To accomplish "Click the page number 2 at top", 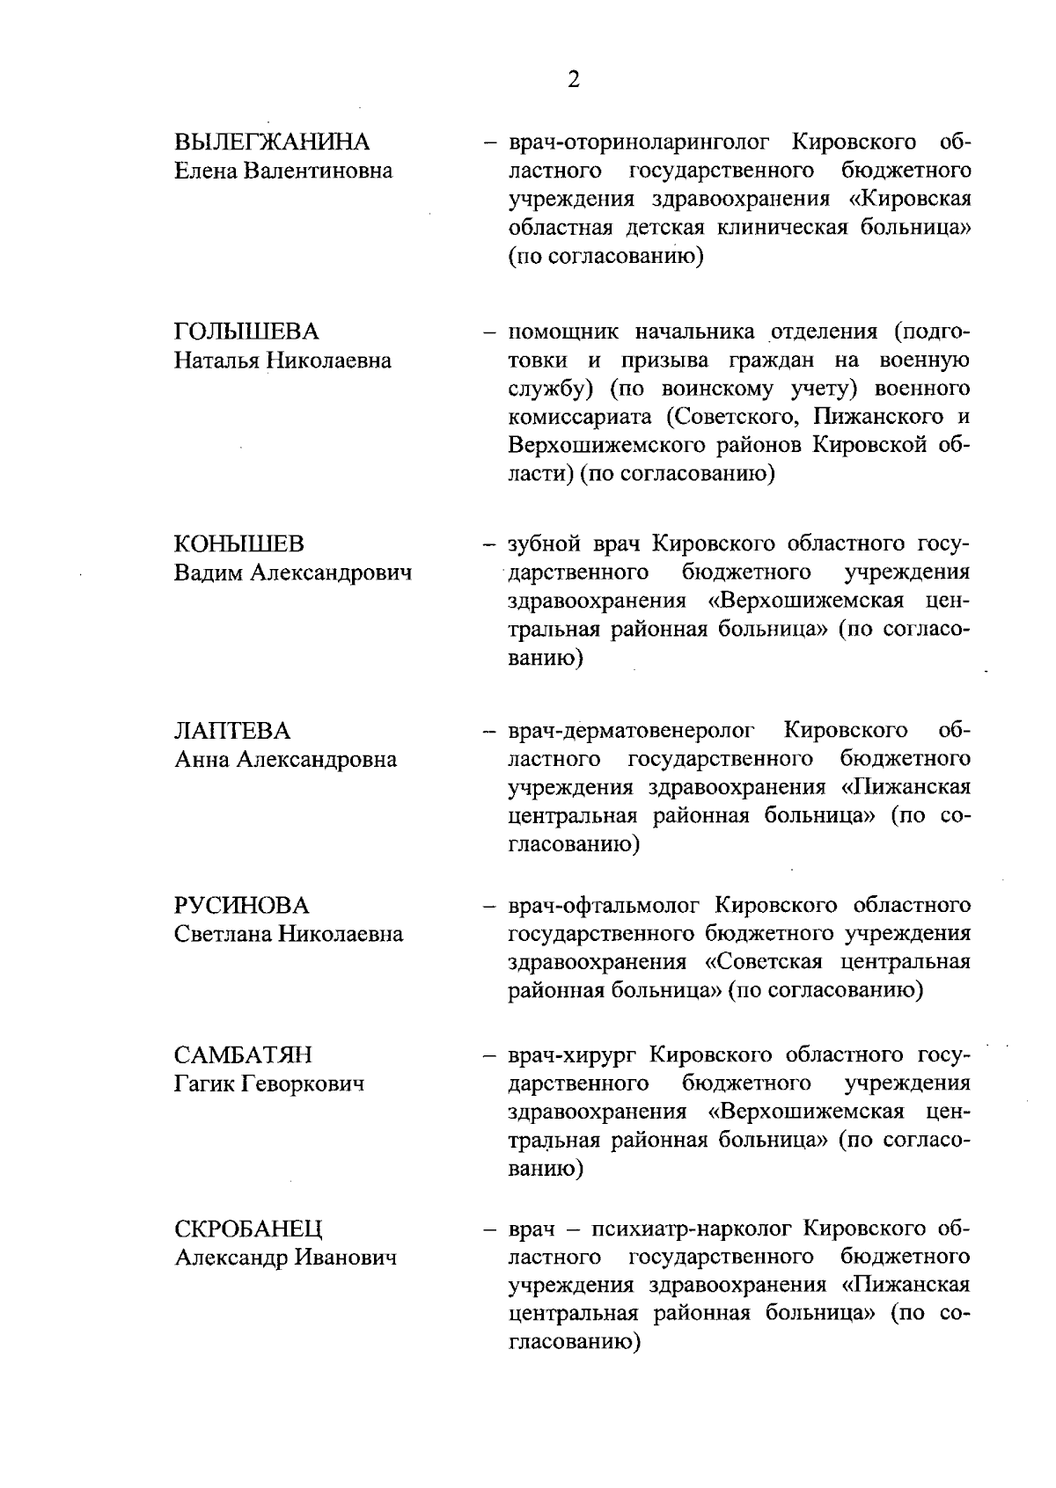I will pyautogui.click(x=574, y=80).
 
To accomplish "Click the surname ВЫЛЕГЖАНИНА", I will pyautogui.click(x=272, y=142).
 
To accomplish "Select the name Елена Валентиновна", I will pyautogui.click(x=283, y=171).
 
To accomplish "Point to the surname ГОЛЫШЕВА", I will pyautogui.click(x=247, y=332).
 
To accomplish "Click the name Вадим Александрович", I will pyautogui.click(x=293, y=573).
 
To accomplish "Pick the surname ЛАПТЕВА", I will pyautogui.click(x=232, y=731).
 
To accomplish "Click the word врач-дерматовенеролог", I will pyautogui.click(x=632, y=731).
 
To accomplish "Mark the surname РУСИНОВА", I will pyautogui.click(x=242, y=905).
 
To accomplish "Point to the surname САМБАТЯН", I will pyautogui.click(x=244, y=1054).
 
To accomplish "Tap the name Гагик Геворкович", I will pyautogui.click(x=269, y=1083).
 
